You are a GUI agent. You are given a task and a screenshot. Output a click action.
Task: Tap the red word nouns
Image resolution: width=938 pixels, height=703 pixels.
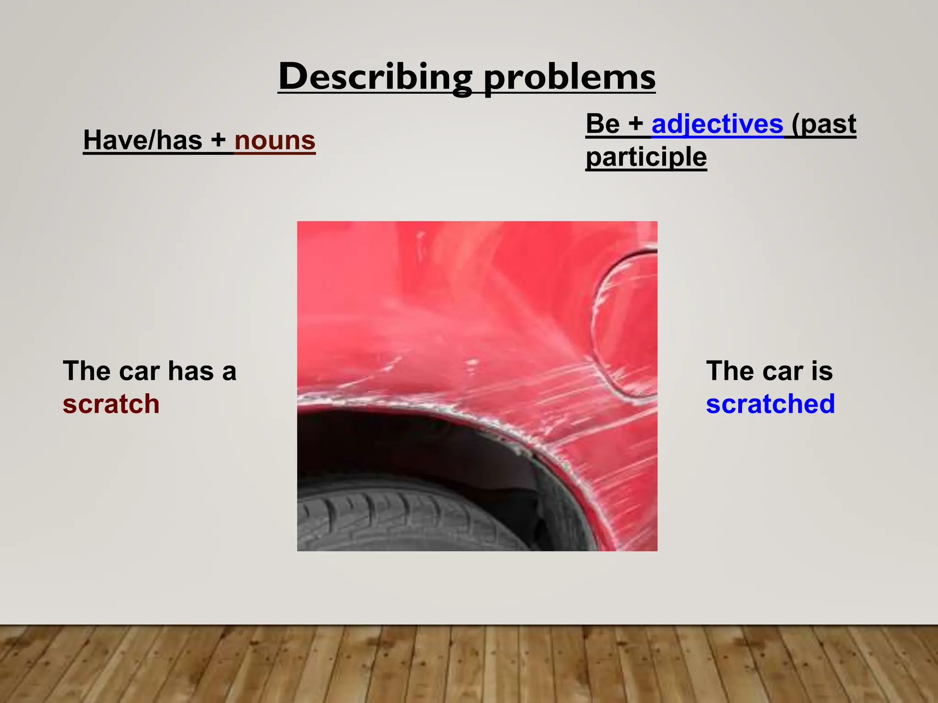coord(275,140)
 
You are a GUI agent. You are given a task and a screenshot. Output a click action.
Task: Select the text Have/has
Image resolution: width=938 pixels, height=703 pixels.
coord(142,140)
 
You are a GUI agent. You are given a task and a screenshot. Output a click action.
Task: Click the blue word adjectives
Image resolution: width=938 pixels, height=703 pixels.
coord(717,124)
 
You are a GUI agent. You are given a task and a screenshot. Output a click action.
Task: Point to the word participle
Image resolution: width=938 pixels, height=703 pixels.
coord(646,157)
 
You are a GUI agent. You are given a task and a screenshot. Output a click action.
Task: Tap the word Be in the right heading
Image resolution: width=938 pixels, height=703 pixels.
coord(602,124)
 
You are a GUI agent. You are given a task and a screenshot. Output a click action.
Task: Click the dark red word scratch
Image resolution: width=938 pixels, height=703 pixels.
coord(111,404)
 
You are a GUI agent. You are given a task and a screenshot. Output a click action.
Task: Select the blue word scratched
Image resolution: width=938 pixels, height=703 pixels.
coord(770,404)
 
